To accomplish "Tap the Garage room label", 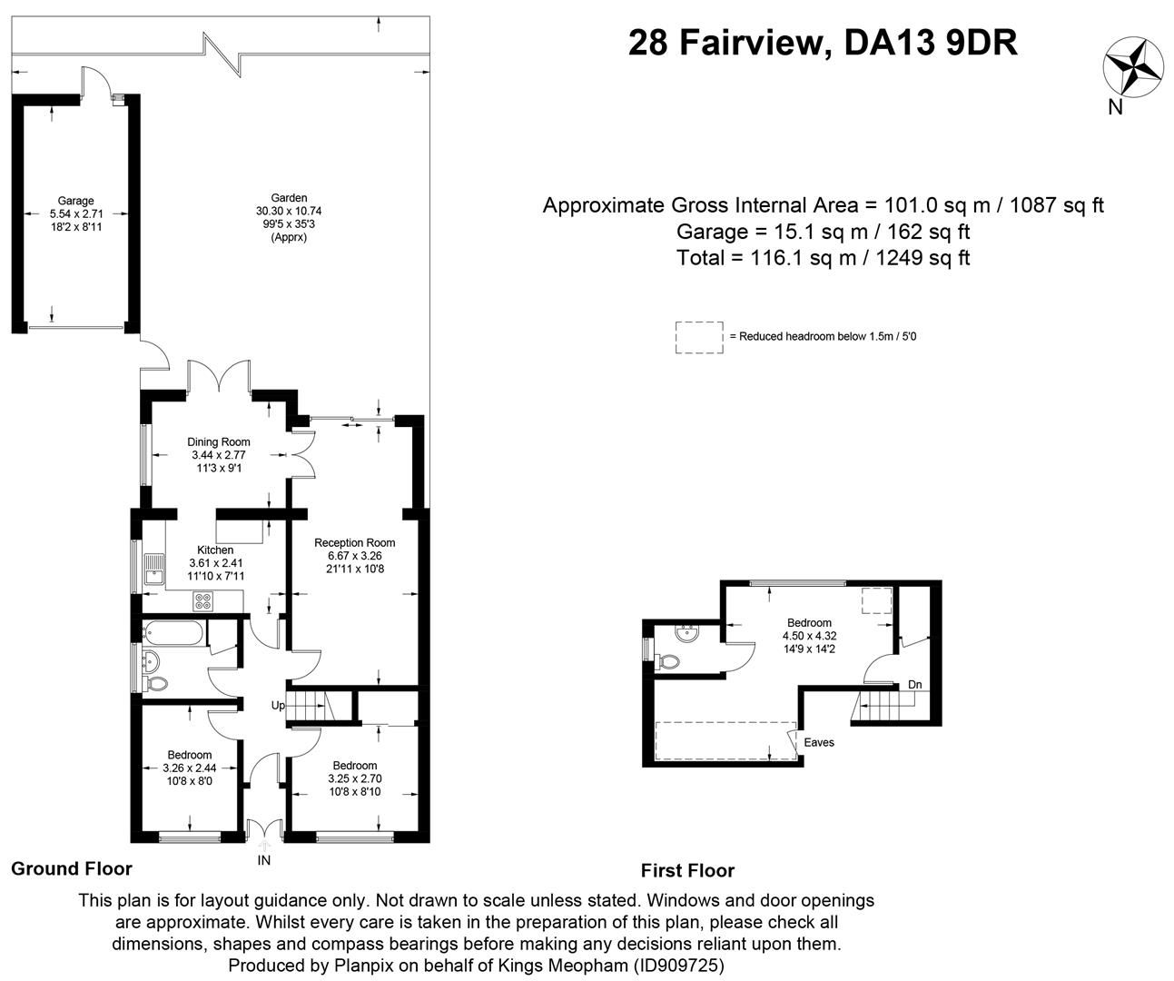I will click(76, 201).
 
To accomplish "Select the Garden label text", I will click(289, 197).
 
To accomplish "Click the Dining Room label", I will click(219, 442).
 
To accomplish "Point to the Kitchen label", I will click(215, 550).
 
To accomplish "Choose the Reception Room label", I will click(355, 542).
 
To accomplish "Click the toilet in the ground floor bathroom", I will click(156, 682).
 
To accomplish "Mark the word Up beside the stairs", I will click(278, 705).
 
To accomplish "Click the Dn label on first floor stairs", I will click(915, 685).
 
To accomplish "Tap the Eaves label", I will click(819, 742).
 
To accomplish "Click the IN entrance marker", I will click(264, 859).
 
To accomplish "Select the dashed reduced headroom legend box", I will click(699, 336).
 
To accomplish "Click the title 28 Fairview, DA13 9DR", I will click(823, 43).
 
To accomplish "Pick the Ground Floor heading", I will click(71, 868).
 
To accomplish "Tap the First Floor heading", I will click(687, 870).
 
